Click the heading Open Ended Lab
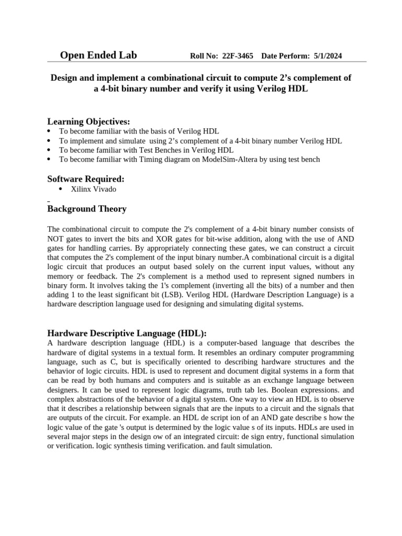click(x=98, y=55)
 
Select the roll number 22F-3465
click(x=238, y=56)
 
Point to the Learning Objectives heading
click(x=88, y=121)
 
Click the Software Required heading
click(x=86, y=179)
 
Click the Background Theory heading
click(x=87, y=209)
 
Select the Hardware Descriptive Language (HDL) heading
click(x=127, y=333)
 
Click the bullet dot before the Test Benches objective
click(x=49, y=150)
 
